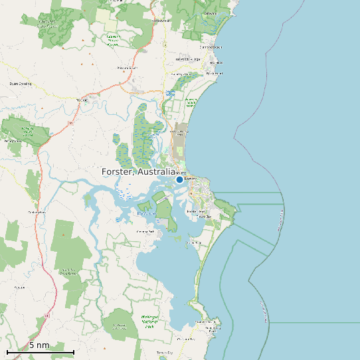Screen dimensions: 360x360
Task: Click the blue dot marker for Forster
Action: (x=179, y=179)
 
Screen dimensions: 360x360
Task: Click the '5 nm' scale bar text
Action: (x=39, y=345)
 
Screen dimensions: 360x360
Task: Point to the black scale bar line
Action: (x=40, y=351)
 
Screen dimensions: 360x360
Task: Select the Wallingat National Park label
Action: (x=147, y=321)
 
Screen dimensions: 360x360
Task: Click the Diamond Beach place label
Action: (x=211, y=47)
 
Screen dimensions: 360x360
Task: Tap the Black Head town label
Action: (x=214, y=73)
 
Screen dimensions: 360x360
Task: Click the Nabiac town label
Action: (x=82, y=100)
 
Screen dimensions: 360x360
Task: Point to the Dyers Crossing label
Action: (x=21, y=84)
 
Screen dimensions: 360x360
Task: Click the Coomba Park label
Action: (x=145, y=231)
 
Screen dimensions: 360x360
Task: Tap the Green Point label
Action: (x=193, y=243)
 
